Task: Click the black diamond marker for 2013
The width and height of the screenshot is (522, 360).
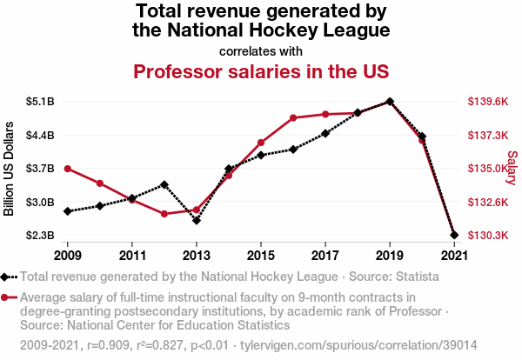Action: coord(197,220)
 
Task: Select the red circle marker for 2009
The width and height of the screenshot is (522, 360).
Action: coord(68,169)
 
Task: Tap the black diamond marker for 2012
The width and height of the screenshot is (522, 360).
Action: coord(164,184)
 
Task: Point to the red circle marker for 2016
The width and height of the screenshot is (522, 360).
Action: coord(293,117)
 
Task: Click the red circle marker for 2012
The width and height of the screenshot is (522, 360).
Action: coord(164,214)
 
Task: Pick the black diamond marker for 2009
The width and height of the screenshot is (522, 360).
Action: coord(68,211)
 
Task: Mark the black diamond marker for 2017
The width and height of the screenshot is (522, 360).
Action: coord(325,133)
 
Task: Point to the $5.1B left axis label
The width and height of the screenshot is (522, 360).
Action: coord(40,102)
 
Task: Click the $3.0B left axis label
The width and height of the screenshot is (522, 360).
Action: coord(40,202)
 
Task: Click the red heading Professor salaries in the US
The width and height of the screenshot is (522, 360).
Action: coord(260,70)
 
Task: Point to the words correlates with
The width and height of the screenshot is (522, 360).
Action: coord(260,50)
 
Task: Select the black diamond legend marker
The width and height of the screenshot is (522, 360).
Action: coord(7,277)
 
